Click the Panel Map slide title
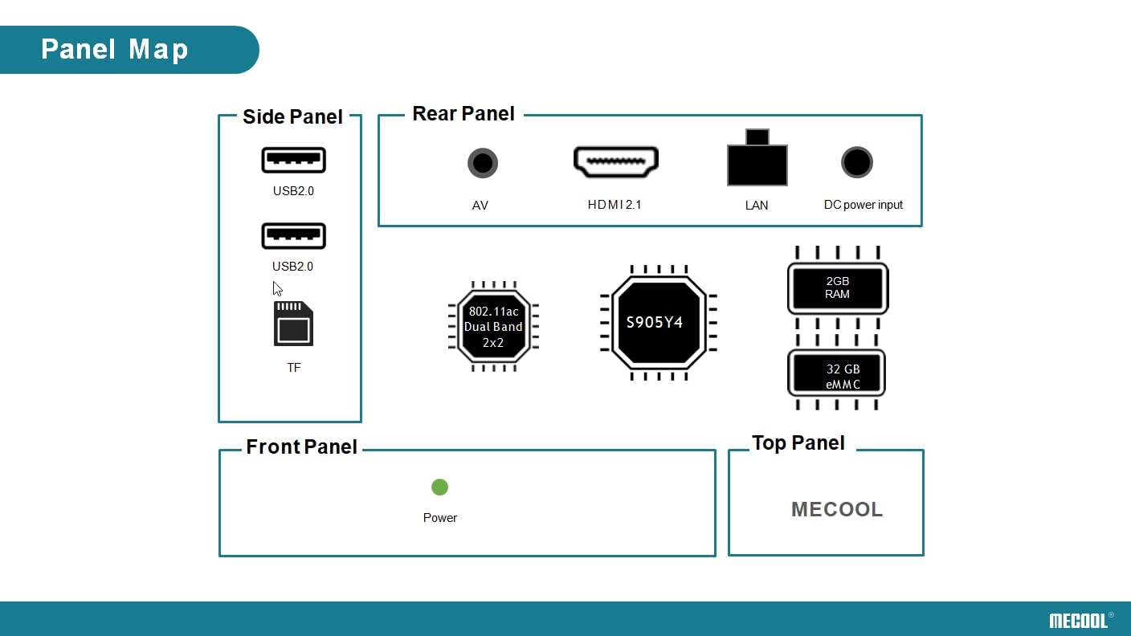115,50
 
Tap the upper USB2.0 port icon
293,160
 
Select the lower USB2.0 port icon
293,235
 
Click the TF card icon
293,324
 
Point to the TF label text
294,368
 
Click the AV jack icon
482,163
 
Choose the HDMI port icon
615,161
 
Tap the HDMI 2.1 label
614,205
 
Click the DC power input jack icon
857,162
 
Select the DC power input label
864,205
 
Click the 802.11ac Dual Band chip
493,326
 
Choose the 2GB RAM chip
838,287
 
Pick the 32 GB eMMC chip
837,375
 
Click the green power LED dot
439,487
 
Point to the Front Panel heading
301,447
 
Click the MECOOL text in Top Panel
837,509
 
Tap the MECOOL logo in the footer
1077,620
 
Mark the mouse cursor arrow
277,288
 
